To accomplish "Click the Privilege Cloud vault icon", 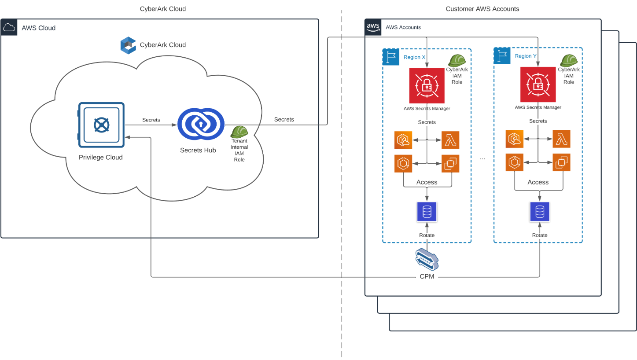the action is coord(101,125).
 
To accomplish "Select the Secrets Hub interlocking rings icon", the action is coord(201,124).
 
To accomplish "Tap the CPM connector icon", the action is coord(427,259).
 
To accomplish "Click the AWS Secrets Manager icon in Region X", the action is coord(427,85).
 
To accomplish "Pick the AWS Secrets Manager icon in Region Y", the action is coord(538,84).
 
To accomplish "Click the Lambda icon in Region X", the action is coord(450,140).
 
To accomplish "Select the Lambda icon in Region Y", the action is coord(561,139).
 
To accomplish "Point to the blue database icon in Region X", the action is coord(427,212).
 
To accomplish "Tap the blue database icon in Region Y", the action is coord(540,212).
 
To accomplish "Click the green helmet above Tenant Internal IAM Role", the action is coord(239,132).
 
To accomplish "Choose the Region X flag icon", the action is coord(391,57).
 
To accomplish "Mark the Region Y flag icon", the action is coord(502,56).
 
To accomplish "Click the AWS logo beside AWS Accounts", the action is coord(373,27).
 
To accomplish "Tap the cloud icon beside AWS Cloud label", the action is coord(9,27).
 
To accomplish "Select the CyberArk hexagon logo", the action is coord(128,45).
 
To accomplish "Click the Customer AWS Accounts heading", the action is coord(482,9).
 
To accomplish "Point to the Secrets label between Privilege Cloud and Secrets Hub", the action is coord(151,120).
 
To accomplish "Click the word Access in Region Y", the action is coord(538,182).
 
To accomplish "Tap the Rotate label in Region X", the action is coord(427,235).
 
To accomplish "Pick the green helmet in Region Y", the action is coord(569,60).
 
